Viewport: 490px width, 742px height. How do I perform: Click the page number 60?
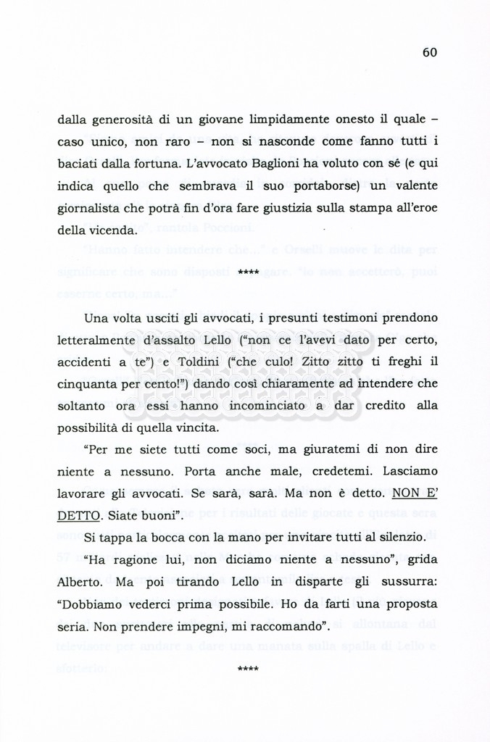coord(429,52)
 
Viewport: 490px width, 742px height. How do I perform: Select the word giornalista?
coord(89,209)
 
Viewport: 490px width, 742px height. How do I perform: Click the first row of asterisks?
coord(248,272)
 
